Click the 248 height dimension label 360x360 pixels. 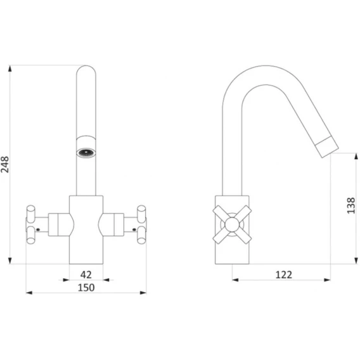pyautogui.click(x=5, y=164)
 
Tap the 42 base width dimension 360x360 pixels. pyautogui.click(x=86, y=274)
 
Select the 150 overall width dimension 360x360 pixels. pyautogui.click(x=86, y=288)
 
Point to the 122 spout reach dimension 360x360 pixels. pyautogui.click(x=284, y=274)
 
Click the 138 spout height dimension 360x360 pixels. pyautogui.click(x=351, y=205)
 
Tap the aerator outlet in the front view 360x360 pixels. pyautogui.click(x=86, y=153)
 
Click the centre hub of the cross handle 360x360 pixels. pyautogui.click(x=232, y=224)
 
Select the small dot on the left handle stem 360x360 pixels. pyautogui.click(x=38, y=229)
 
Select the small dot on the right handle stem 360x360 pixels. pyautogui.click(x=134, y=229)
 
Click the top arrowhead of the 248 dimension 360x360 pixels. pyautogui.click(x=10, y=68)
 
